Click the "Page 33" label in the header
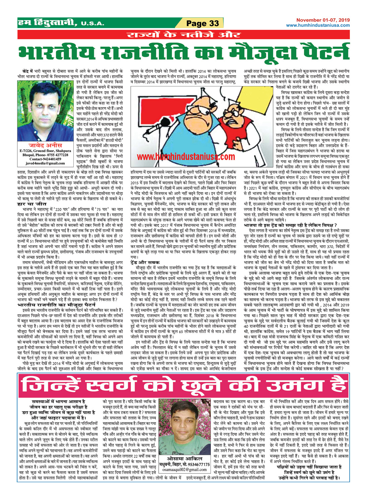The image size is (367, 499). click(202, 23)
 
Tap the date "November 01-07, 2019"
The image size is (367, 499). click(323, 20)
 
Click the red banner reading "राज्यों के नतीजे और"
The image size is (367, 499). click(183, 35)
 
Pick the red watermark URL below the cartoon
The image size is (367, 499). click(186, 157)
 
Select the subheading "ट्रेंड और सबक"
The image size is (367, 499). click(145, 262)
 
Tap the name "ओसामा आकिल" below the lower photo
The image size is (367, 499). click(185, 458)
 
